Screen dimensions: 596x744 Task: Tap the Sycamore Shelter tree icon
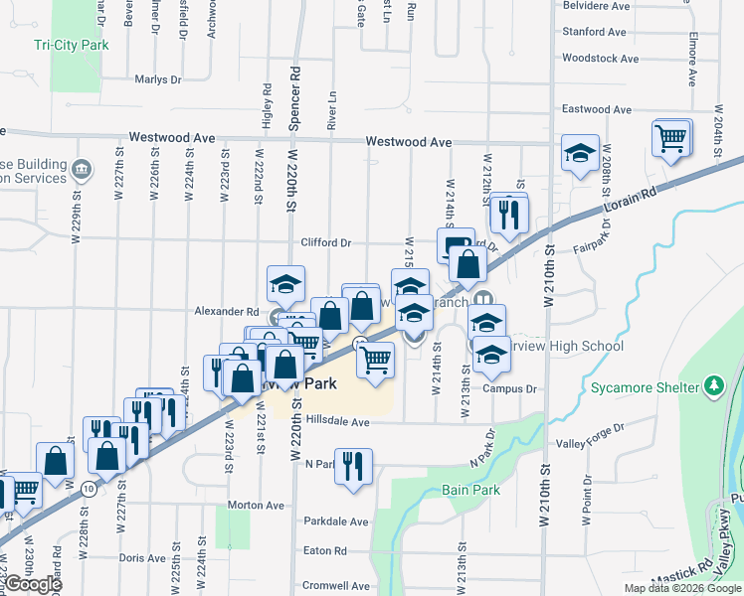(713, 385)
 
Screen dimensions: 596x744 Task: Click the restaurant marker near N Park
(352, 465)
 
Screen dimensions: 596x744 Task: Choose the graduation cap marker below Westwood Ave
(580, 154)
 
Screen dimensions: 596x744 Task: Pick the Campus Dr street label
(509, 388)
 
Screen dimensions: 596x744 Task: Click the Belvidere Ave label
(597, 6)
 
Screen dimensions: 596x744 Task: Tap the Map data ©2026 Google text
(681, 588)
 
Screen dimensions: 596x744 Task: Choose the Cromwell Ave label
(336, 585)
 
